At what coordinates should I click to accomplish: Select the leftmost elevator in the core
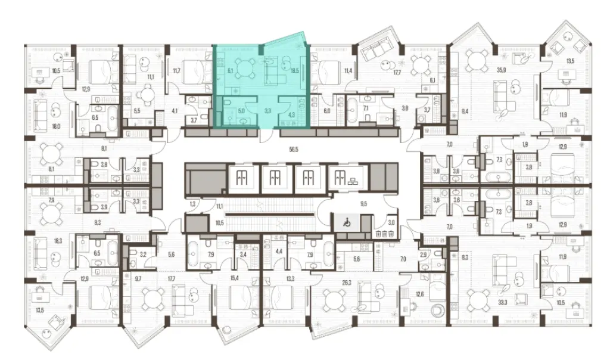(x=241, y=176)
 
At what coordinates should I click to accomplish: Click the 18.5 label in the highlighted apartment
(x=294, y=70)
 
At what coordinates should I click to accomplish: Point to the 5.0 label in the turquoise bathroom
(x=241, y=110)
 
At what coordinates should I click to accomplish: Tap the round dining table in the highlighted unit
(x=243, y=67)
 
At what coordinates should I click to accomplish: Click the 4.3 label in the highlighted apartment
(x=292, y=110)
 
